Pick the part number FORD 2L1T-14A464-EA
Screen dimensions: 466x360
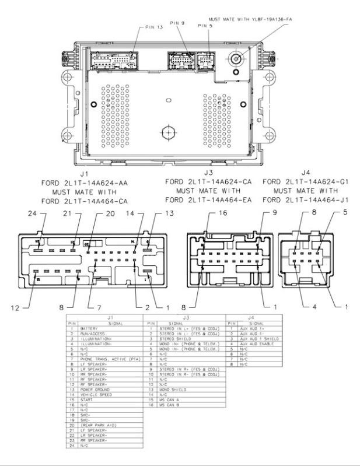coord(209,200)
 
